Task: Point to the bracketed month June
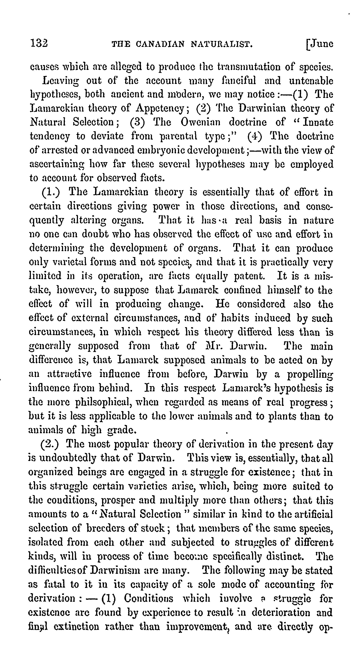point(320,44)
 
